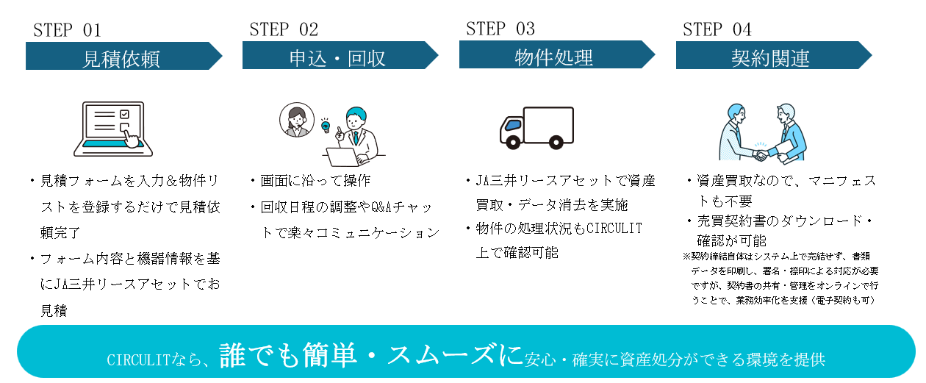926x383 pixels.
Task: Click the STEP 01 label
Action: coord(67,30)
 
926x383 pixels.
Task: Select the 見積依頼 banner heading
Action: coord(122,58)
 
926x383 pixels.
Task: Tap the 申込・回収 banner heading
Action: coord(338,57)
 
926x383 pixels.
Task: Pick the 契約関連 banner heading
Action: coord(771,57)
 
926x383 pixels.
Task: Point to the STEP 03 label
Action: coord(500,29)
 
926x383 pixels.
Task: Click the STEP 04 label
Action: coord(717,29)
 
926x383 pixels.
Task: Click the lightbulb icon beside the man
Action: coord(325,125)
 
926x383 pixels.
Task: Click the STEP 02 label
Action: coord(284,29)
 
